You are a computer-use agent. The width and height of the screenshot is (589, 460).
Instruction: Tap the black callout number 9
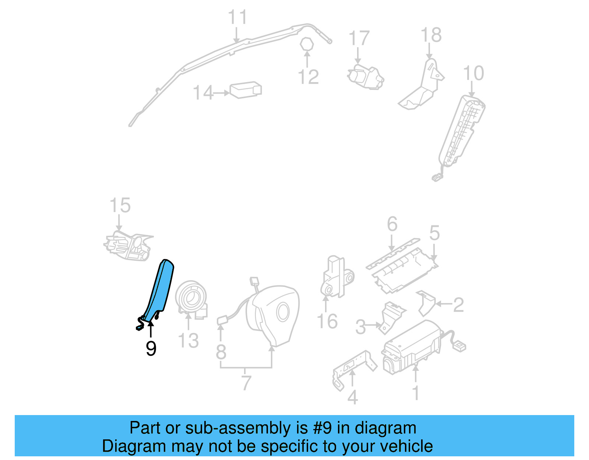[151, 348]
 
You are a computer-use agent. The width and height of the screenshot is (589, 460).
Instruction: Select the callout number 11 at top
[237, 17]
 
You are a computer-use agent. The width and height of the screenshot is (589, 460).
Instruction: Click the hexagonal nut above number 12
[306, 44]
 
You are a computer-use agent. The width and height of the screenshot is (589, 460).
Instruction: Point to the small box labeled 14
[246, 89]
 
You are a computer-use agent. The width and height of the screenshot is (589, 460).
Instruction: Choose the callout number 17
[359, 38]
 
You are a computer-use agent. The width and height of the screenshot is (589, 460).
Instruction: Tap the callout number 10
[473, 73]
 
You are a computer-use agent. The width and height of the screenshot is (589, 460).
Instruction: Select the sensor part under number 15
[128, 246]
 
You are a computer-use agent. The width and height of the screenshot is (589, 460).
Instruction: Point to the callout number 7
[246, 383]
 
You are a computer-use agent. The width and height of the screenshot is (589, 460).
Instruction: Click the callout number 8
[221, 352]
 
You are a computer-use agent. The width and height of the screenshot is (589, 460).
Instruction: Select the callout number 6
[392, 224]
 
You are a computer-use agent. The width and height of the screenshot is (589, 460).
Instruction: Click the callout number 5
[434, 233]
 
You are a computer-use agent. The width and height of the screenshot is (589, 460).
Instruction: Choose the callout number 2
[458, 305]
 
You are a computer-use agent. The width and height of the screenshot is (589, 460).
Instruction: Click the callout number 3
[360, 327]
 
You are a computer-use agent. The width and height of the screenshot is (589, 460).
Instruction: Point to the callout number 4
[352, 397]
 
